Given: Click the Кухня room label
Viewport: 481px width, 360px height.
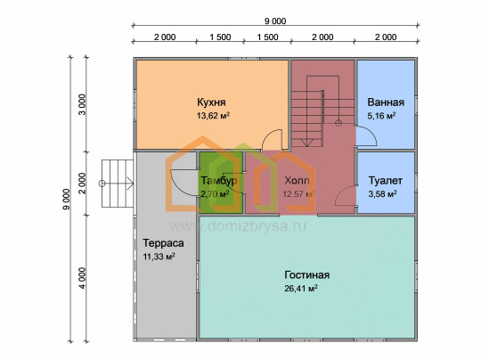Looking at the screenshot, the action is pyautogui.click(x=211, y=102).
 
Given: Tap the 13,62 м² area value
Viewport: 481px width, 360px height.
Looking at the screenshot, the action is pyautogui.click(x=213, y=116).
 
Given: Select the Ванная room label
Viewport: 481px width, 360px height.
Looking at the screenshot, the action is pyautogui.click(x=386, y=102).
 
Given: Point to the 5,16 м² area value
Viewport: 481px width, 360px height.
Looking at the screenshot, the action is pyautogui.click(x=381, y=116).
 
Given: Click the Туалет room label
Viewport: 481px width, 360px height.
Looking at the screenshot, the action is pyautogui.click(x=386, y=181).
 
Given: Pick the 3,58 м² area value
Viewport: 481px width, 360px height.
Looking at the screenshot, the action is pyautogui.click(x=382, y=194).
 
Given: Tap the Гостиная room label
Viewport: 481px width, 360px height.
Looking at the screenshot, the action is pyautogui.click(x=307, y=274).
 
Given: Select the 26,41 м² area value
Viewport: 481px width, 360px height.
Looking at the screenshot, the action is pyautogui.click(x=301, y=289).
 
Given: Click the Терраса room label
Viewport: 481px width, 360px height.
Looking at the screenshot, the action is pyautogui.click(x=163, y=243).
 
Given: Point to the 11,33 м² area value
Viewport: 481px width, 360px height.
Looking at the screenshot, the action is pyautogui.click(x=159, y=257).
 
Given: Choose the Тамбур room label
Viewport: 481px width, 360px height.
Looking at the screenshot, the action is pyautogui.click(x=219, y=181).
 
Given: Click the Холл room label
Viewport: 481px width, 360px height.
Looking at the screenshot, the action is pyautogui.click(x=297, y=181).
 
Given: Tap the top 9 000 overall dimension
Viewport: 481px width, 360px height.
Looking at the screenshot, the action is pyautogui.click(x=275, y=20).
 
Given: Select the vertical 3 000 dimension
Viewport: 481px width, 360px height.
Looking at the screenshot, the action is pyautogui.click(x=83, y=104).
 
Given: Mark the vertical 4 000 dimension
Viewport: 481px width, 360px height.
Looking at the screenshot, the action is pyautogui.click(x=83, y=278).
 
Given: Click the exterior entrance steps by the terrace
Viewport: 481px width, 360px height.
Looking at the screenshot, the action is pyautogui.click(x=118, y=184).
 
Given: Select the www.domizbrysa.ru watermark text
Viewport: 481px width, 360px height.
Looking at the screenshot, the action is pyautogui.click(x=238, y=226).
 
